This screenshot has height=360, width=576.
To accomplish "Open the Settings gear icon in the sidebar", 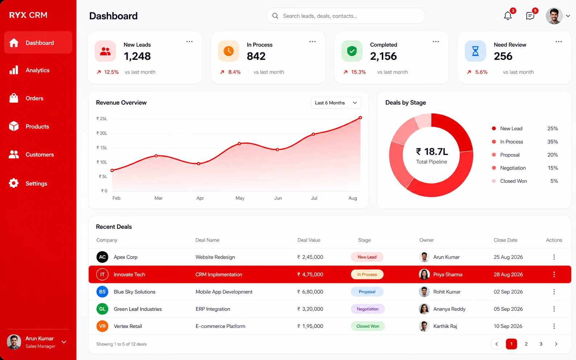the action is tap(14, 183).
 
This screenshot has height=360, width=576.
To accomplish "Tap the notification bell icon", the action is tap(508, 16).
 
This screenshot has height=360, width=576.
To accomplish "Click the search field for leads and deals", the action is tap(346, 16).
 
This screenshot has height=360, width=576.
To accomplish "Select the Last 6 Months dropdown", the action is tap(336, 103).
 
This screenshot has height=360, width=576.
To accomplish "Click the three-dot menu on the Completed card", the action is tap(435, 42).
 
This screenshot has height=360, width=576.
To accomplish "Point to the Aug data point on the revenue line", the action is tap(360, 118).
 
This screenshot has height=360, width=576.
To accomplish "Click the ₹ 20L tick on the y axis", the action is tap(102, 133).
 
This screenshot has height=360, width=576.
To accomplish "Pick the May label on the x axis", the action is tap(240, 198).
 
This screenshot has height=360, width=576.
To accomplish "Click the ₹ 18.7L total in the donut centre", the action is tap(432, 152).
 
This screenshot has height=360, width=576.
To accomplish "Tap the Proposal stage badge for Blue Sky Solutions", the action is tap(367, 292).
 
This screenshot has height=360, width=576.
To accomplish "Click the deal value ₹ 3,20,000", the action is tap(310, 309).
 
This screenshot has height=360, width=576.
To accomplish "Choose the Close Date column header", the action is tap(505, 240).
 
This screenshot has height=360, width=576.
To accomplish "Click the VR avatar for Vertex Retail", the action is tap(102, 326).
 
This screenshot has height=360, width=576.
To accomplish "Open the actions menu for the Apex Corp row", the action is tap(554, 257).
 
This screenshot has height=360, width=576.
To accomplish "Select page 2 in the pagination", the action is tap(526, 344).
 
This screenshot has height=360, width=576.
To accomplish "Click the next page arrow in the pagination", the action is tap(556, 344).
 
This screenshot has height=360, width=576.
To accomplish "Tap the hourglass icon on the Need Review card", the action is tap(475, 51).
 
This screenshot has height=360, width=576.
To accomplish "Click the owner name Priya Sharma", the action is tap(448, 274).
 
